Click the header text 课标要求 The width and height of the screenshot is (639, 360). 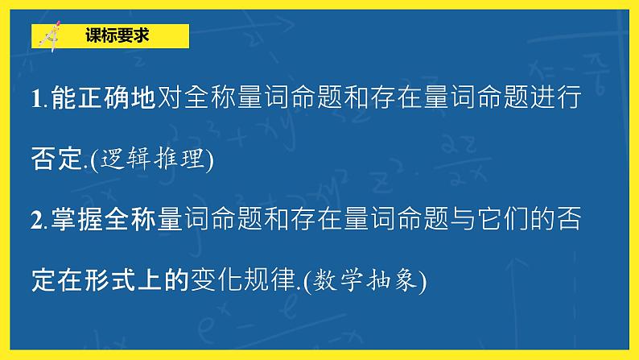point(117,36)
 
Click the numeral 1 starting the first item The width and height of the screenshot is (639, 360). point(35,99)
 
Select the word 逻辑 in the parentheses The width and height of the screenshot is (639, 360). point(126,159)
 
